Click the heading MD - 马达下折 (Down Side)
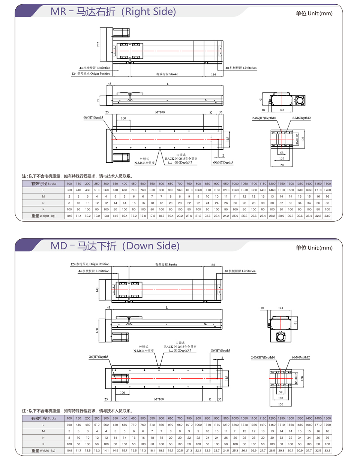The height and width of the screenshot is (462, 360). [115, 246]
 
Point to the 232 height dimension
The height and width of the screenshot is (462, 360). [98, 44]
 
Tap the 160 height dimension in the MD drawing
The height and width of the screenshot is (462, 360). [97, 330]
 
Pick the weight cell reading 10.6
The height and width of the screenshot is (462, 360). [69, 216]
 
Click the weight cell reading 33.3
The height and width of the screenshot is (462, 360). [327, 450]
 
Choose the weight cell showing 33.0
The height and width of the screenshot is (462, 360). [327, 216]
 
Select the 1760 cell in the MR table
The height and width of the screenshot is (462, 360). [327, 190]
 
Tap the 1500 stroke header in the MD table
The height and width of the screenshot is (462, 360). [327, 418]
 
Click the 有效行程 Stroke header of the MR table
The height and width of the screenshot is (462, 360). [43, 183]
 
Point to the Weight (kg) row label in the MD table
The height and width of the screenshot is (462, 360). [43, 450]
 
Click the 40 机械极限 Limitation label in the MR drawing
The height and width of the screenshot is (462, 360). [241, 68]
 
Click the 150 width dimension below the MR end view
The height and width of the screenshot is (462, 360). [281, 165]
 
